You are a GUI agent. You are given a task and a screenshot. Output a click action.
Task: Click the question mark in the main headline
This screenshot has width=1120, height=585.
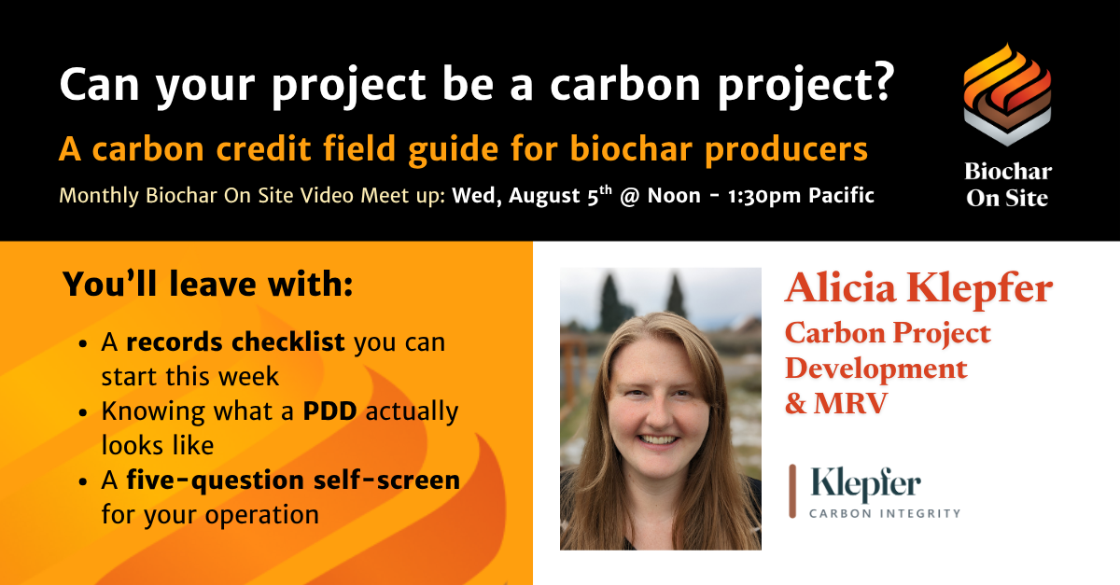click(878, 82)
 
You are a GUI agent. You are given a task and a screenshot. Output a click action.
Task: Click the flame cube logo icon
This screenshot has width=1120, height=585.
click(1007, 94)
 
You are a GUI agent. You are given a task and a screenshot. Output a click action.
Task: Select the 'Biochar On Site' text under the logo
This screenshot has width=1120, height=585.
click(1007, 185)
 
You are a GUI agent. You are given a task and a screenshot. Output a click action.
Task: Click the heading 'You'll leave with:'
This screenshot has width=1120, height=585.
click(207, 284)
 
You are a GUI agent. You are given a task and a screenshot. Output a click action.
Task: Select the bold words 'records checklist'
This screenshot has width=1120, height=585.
click(235, 342)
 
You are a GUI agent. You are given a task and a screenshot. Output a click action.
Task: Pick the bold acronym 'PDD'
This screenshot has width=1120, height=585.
click(330, 411)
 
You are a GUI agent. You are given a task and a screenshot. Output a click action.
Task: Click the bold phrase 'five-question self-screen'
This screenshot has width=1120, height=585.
click(293, 480)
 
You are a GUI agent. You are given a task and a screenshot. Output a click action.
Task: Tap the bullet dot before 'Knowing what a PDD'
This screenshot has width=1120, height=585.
click(83, 413)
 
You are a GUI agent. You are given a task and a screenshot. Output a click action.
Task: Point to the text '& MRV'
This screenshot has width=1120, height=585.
click(836, 403)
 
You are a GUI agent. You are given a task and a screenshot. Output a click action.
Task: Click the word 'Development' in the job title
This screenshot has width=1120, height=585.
click(876, 368)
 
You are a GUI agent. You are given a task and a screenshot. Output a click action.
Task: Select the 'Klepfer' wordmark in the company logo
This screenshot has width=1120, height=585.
click(865, 484)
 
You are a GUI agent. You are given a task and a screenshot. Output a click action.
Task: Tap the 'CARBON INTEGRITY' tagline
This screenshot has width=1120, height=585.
click(885, 513)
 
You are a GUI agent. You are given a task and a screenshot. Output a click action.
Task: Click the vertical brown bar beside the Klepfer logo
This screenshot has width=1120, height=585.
click(792, 491)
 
